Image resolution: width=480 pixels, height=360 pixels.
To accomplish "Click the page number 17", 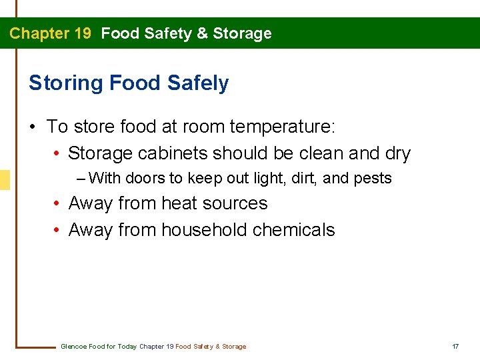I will pyautogui.click(x=455, y=346).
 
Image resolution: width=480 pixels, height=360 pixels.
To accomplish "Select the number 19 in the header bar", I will pyautogui.click(x=82, y=33).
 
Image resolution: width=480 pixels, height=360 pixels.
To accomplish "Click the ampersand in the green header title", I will pyautogui.click(x=202, y=33).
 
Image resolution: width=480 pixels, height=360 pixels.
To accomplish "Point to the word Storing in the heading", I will pyautogui.click(x=65, y=83).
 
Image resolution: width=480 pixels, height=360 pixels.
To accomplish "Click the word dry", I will pyautogui.click(x=398, y=153).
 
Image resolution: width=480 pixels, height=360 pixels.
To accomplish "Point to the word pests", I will pyautogui.click(x=375, y=179).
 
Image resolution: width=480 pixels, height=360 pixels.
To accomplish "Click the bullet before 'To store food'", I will pyautogui.click(x=33, y=127).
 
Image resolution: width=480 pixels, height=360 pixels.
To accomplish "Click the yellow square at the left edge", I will pyautogui.click(x=5, y=179).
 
